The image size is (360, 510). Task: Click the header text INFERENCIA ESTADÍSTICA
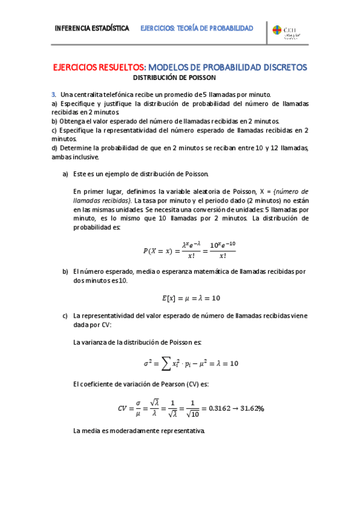pyautogui.click(x=91, y=28)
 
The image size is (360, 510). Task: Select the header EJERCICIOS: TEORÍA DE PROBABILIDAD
pyautogui.click(x=197, y=28)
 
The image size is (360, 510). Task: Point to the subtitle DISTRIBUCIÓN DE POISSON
pyautogui.click(x=174, y=78)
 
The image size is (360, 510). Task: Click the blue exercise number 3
pyautogui.click(x=53, y=94)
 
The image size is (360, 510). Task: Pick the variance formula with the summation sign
pyautogui.click(x=191, y=363)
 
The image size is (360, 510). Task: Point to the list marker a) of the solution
pyautogui.click(x=66, y=174)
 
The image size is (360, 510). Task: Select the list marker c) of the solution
pyautogui.click(x=66, y=315)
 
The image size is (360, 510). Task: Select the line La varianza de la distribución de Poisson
pyautogui.click(x=138, y=342)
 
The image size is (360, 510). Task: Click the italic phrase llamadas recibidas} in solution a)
pyautogui.click(x=102, y=200)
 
